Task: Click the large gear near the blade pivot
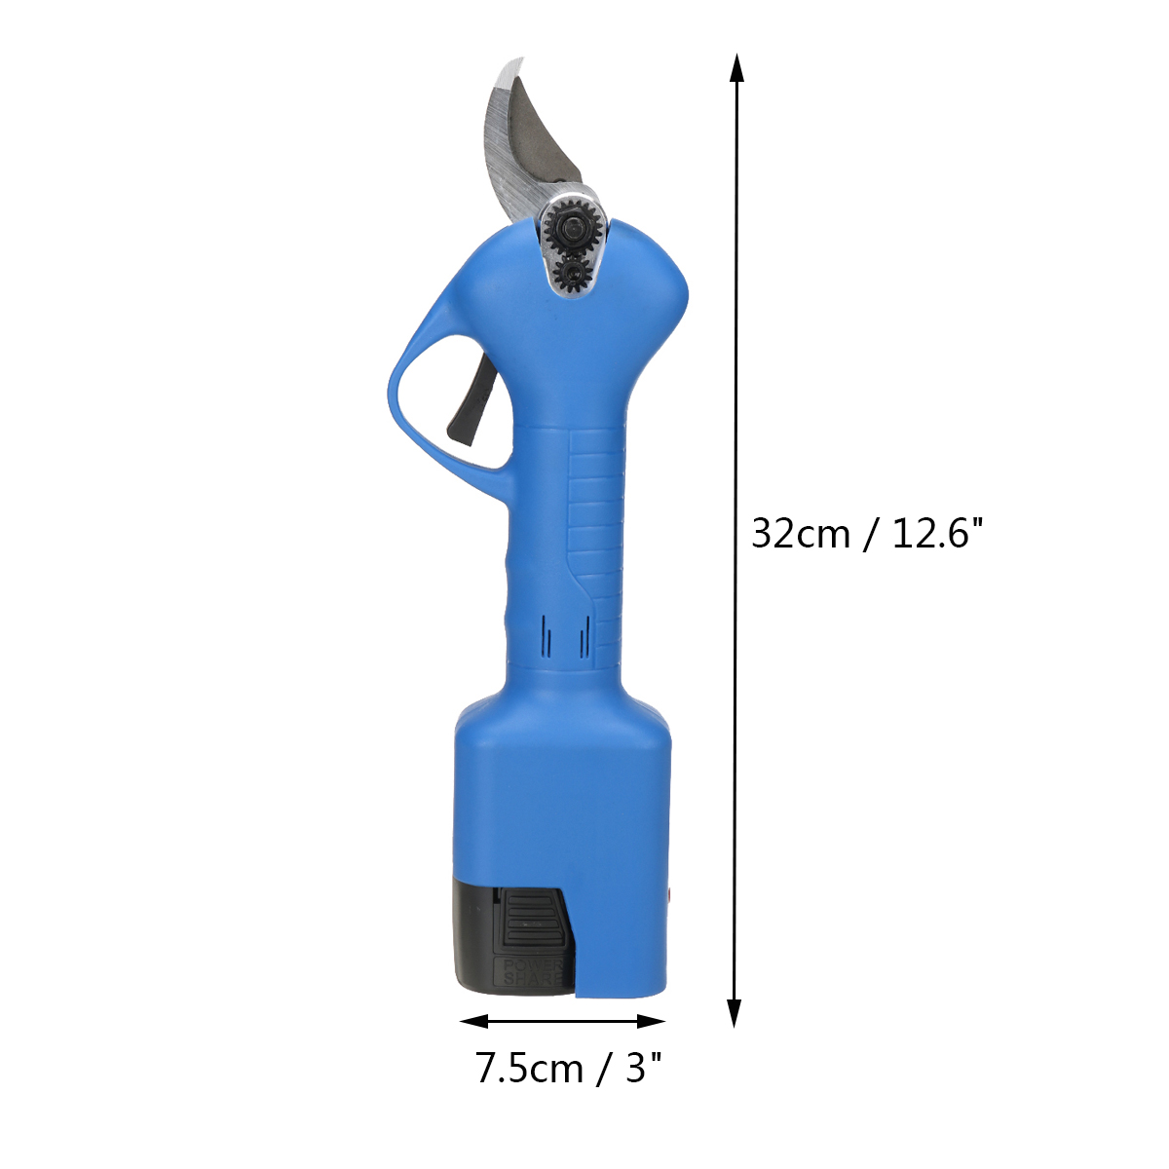coord(570,228)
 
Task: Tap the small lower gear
coord(570,274)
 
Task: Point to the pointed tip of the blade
coord(522,58)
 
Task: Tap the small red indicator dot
coord(669,893)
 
